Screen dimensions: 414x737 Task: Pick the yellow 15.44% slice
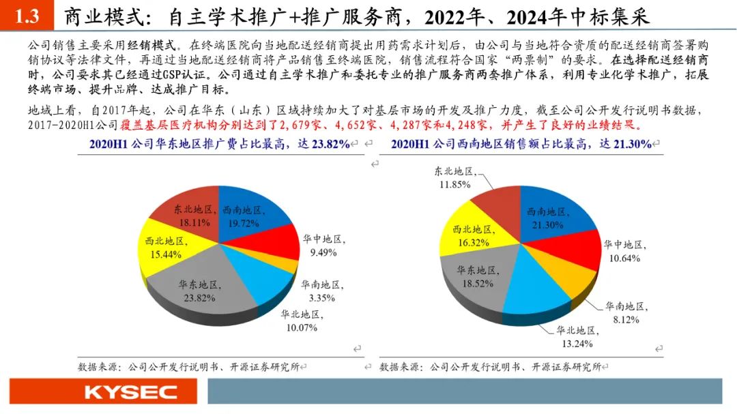point(164,248)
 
